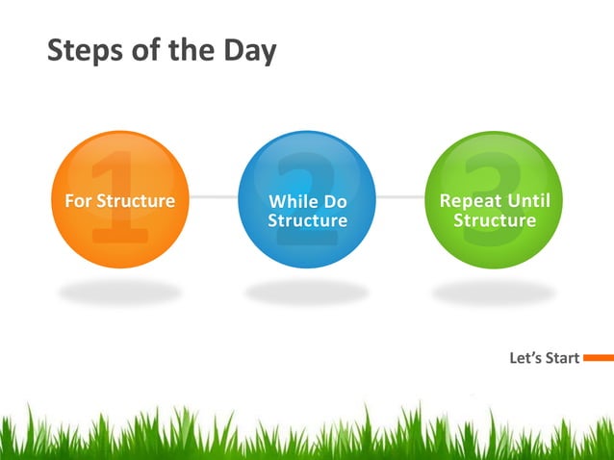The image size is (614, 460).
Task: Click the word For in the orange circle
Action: (x=76, y=201)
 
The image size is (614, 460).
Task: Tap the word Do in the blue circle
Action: (x=333, y=202)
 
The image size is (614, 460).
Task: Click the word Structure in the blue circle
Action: (x=307, y=221)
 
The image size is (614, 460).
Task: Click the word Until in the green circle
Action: (x=535, y=201)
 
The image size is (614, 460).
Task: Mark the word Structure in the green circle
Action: (x=495, y=220)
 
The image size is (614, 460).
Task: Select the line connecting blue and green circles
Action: (x=399, y=197)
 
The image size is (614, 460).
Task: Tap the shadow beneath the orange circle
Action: (x=119, y=292)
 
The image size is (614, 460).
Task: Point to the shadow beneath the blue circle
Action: (x=307, y=292)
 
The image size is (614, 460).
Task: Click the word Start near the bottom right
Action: (x=562, y=359)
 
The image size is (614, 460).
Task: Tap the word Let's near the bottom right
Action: (x=525, y=359)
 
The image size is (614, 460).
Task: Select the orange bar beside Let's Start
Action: (x=598, y=358)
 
